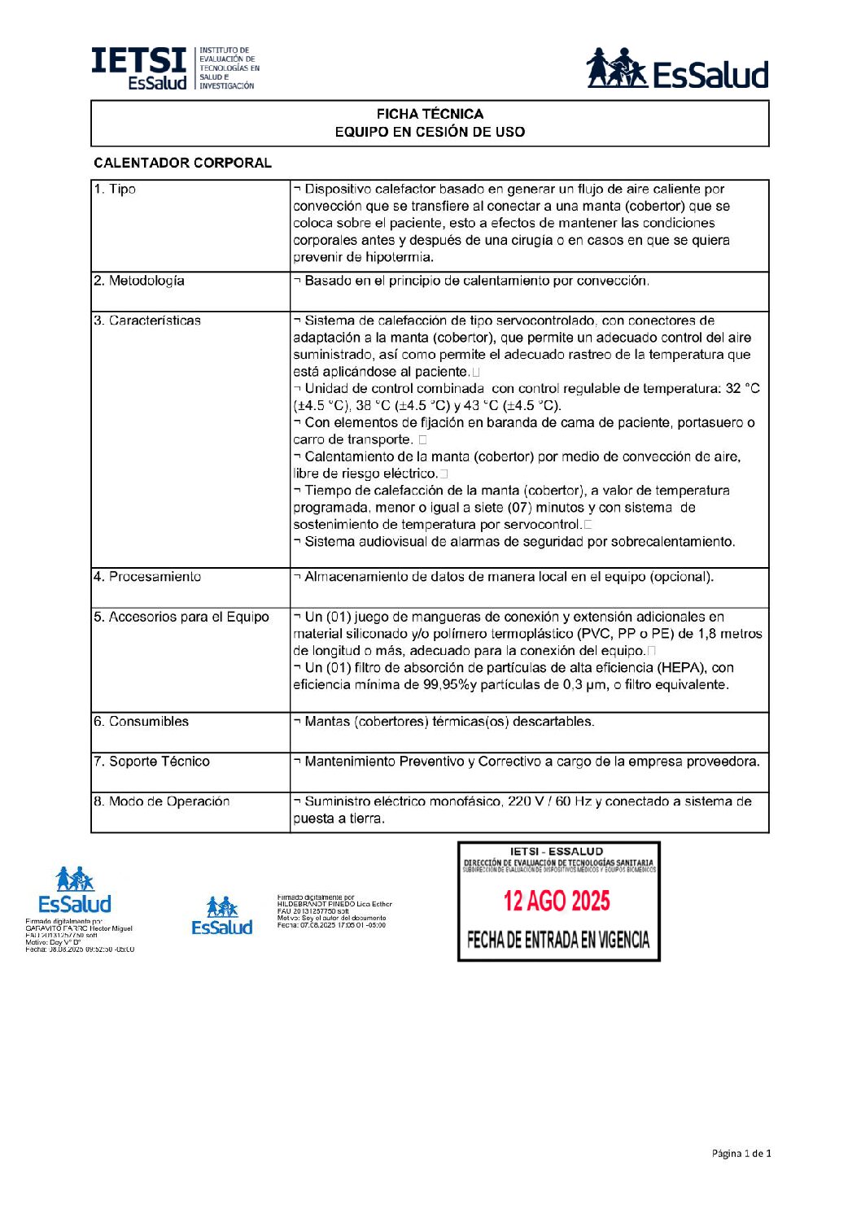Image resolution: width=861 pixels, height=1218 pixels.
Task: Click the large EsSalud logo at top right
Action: [677, 68]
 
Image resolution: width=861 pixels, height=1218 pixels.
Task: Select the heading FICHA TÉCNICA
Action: [430, 114]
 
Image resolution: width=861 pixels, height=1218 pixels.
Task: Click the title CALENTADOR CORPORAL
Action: [182, 163]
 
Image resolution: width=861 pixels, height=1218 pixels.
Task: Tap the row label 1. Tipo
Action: [115, 190]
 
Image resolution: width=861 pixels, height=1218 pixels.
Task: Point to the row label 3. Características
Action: [147, 321]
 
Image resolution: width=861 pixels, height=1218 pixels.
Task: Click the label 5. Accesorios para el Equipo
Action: [181, 617]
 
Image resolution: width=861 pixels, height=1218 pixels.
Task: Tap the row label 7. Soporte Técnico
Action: [151, 762]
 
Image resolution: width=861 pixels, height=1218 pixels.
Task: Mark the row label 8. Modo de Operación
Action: [161, 801]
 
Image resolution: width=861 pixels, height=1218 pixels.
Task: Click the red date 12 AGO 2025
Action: [557, 901]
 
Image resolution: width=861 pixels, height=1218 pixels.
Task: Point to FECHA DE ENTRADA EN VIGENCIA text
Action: [558, 941]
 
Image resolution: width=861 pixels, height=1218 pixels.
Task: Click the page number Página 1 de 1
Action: [741, 1153]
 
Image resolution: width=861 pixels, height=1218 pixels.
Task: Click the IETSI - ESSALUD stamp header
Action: [557, 852]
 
